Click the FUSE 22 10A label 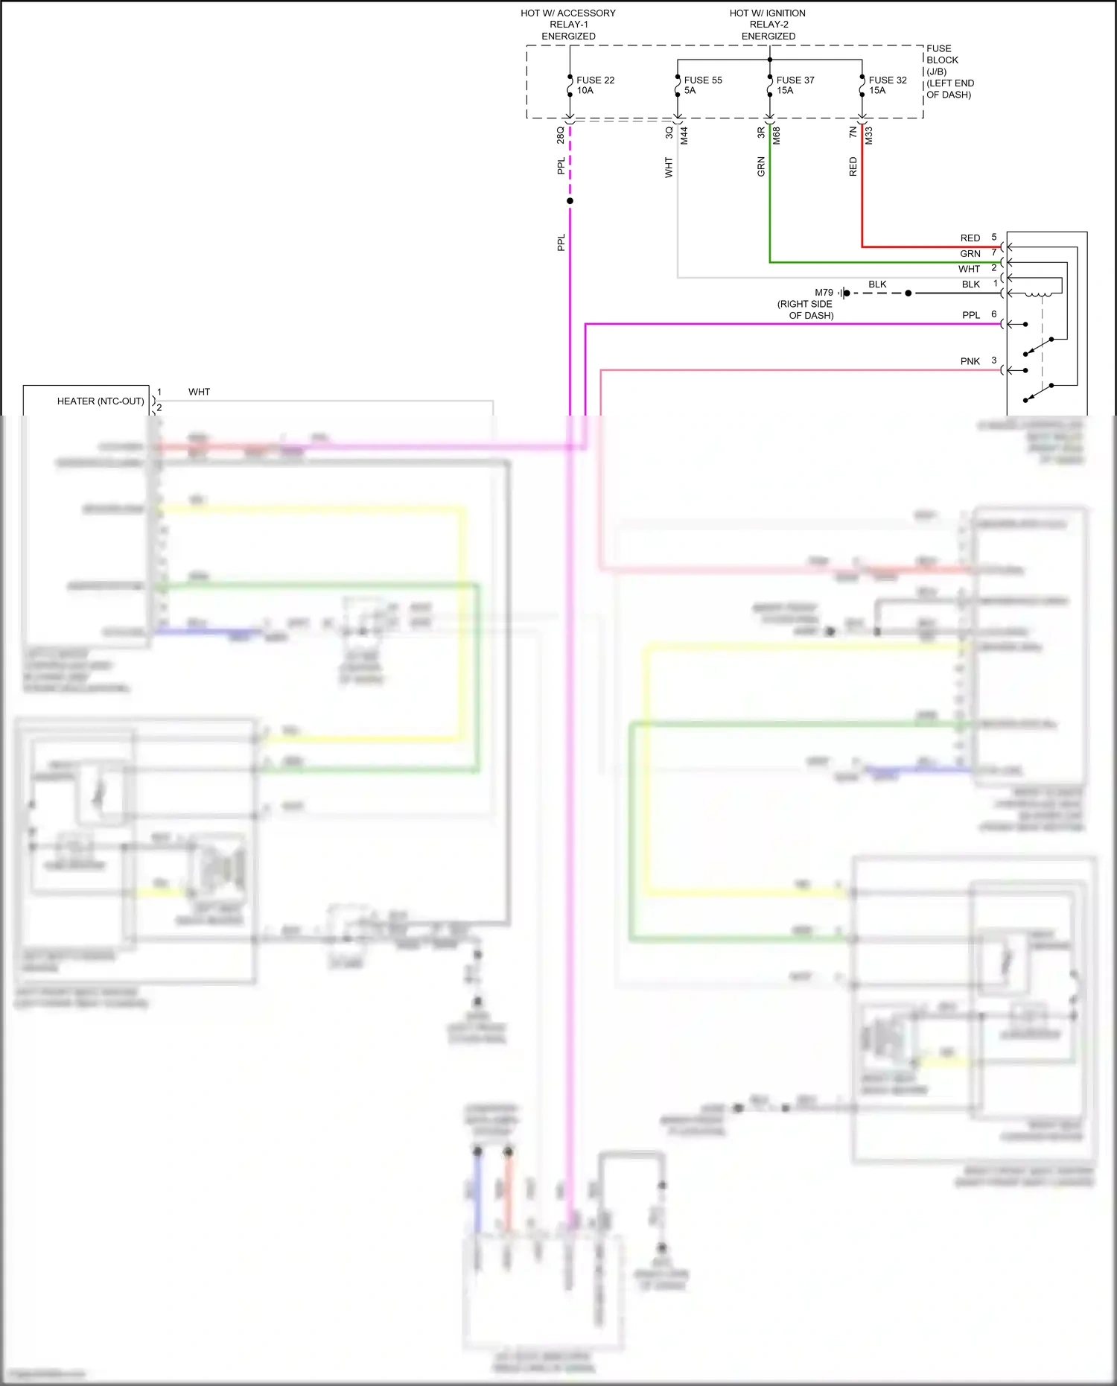[594, 85]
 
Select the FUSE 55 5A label [701, 85]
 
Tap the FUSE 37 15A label [795, 85]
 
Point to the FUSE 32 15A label [887, 85]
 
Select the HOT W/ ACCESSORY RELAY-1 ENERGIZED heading [568, 25]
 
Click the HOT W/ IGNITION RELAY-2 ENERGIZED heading [768, 25]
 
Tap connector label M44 [684, 136]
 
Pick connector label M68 [776, 136]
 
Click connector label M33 [868, 136]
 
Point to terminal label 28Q [560, 135]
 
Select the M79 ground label [824, 293]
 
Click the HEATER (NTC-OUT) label [101, 401]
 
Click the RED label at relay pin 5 [970, 238]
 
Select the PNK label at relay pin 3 [970, 361]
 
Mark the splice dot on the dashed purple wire [570, 201]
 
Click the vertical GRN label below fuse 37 [760, 166]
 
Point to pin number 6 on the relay [993, 314]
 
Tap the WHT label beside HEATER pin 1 [199, 392]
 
